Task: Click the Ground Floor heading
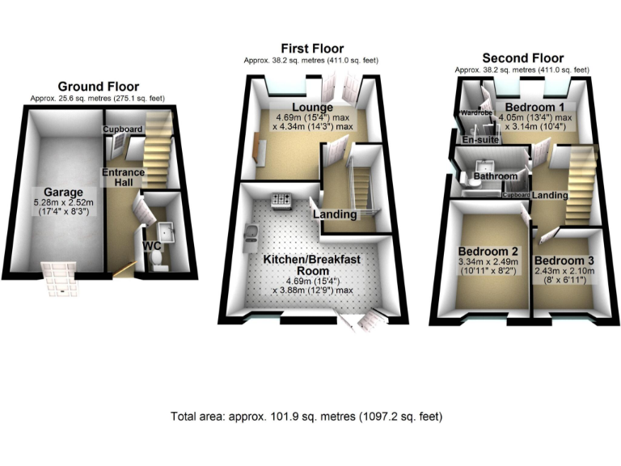[97, 87]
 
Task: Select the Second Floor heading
[522, 58]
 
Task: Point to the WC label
[151, 245]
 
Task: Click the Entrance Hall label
[123, 178]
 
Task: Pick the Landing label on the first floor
[331, 214]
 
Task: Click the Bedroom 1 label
[534, 107]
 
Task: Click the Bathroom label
[495, 176]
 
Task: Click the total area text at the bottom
[306, 417]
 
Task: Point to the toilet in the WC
[159, 260]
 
